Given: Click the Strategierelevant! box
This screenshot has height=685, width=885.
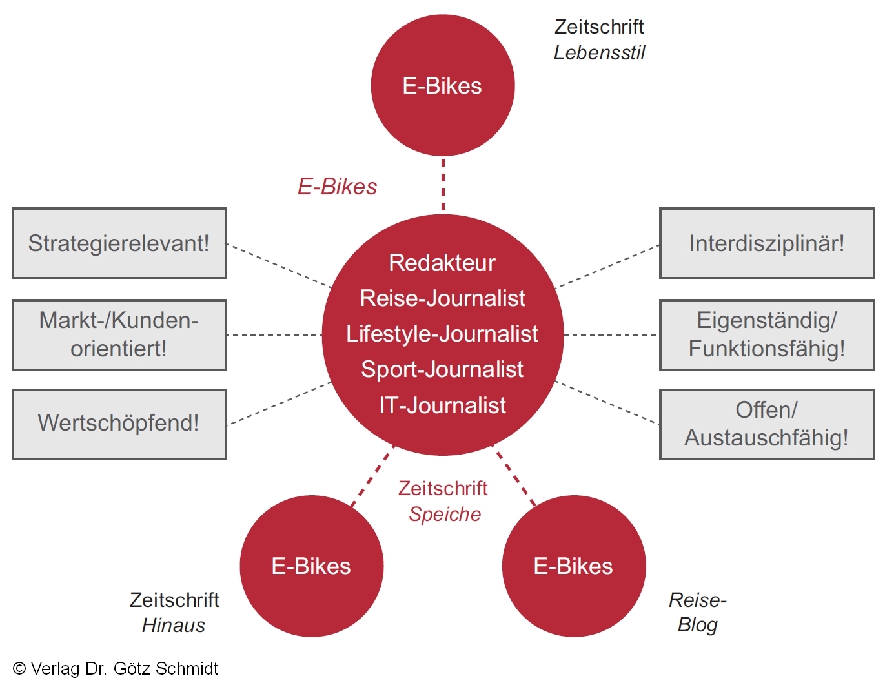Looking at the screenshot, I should [x=119, y=243].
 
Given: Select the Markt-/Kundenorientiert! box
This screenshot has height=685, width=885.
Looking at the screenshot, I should [x=119, y=334].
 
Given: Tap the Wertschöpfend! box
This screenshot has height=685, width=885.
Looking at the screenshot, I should [x=119, y=424].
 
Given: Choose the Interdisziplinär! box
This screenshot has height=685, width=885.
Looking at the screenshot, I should [x=766, y=243].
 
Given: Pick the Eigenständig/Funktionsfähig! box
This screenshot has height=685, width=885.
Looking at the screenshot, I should [x=766, y=334].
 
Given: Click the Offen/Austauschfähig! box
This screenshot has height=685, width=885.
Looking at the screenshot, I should [x=766, y=424].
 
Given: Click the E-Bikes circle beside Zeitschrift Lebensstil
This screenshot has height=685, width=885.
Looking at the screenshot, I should [x=442, y=86].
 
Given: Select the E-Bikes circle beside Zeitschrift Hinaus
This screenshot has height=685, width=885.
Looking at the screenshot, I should [x=311, y=566].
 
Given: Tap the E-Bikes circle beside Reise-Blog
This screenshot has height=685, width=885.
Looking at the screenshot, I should [x=573, y=566].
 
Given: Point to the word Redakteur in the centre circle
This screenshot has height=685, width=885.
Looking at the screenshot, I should [x=442, y=263].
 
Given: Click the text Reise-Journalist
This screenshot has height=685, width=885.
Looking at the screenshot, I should [x=442, y=298].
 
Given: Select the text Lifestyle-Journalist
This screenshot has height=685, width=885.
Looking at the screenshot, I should [x=442, y=334].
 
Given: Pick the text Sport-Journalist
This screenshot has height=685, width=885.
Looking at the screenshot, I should [x=442, y=369].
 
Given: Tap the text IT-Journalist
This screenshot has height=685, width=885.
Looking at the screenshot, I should [x=442, y=405].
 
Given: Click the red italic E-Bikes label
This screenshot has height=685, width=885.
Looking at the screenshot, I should [x=337, y=187].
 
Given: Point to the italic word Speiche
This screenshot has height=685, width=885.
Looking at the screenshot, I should [x=445, y=515].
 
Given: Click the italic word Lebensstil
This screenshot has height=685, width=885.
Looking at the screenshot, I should [x=599, y=53].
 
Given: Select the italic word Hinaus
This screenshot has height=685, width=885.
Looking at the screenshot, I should [x=174, y=626].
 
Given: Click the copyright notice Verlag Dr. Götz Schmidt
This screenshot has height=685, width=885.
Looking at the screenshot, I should [x=116, y=669].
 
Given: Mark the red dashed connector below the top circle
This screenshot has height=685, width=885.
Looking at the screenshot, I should [x=443, y=185].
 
